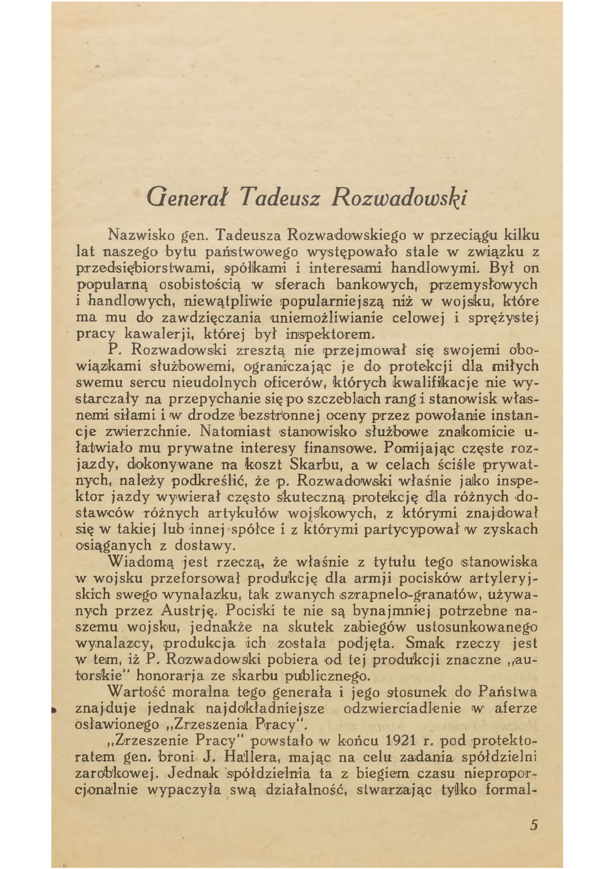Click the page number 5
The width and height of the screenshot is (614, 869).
click(534, 825)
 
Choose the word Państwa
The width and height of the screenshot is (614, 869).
click(508, 692)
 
